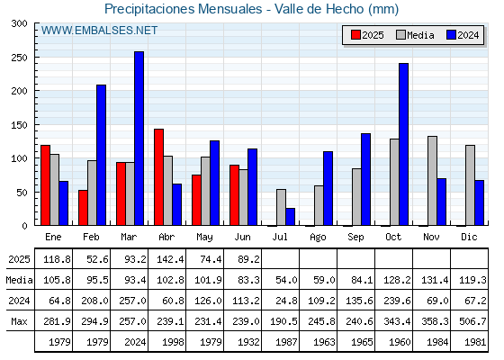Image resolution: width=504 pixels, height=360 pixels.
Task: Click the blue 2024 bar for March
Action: (139, 139)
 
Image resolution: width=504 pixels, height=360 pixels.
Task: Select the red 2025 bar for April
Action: (158, 177)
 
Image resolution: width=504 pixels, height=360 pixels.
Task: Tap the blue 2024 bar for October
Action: (404, 144)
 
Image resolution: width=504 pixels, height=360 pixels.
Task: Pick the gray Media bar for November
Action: (432, 181)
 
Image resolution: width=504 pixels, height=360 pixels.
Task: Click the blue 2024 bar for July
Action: (290, 217)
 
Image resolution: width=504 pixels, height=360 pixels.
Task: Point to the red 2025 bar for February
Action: (83, 208)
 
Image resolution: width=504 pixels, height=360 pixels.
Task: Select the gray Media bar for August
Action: (319, 205)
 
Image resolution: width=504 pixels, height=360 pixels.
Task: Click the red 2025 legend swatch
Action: (355, 35)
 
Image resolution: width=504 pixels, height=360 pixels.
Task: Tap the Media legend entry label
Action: (420, 35)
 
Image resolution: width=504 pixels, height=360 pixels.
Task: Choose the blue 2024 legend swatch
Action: (451, 35)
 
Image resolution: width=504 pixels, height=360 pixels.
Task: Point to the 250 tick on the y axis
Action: (19, 58)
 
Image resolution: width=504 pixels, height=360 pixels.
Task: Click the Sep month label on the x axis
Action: (355, 238)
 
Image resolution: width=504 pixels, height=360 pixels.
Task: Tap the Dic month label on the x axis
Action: (469, 237)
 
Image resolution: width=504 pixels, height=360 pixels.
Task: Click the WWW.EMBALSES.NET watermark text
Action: (99, 31)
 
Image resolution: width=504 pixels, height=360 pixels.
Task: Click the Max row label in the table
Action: (19, 321)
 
